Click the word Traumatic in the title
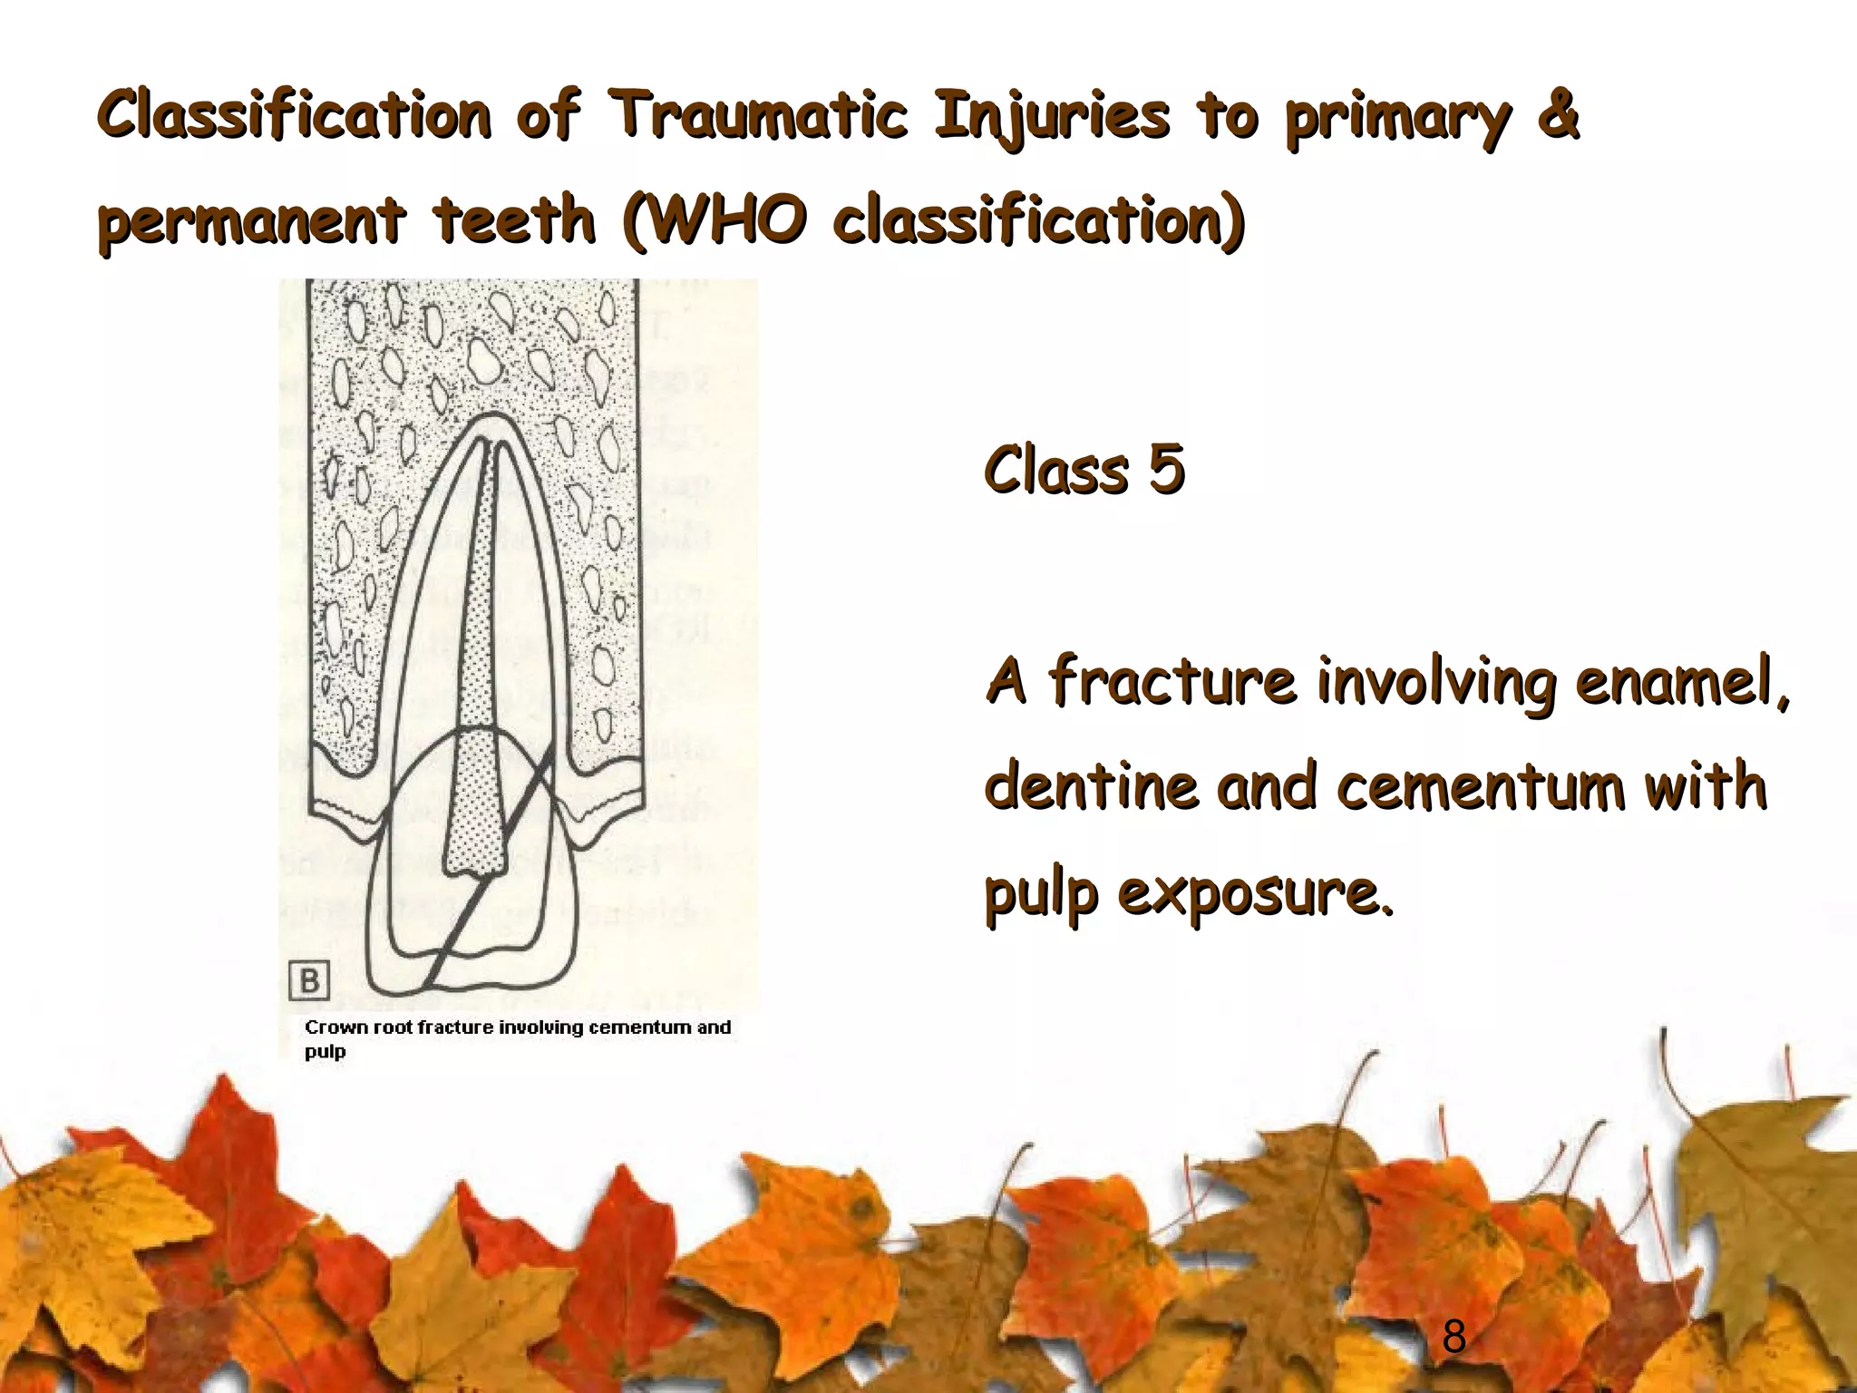click(757, 116)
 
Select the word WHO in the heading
click(725, 220)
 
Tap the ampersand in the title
click(1559, 116)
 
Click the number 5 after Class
click(1166, 470)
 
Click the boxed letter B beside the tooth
click(309, 981)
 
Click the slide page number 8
click(1454, 1336)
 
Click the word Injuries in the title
click(1052, 116)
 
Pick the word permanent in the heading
click(251, 220)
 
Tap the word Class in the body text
click(1055, 470)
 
